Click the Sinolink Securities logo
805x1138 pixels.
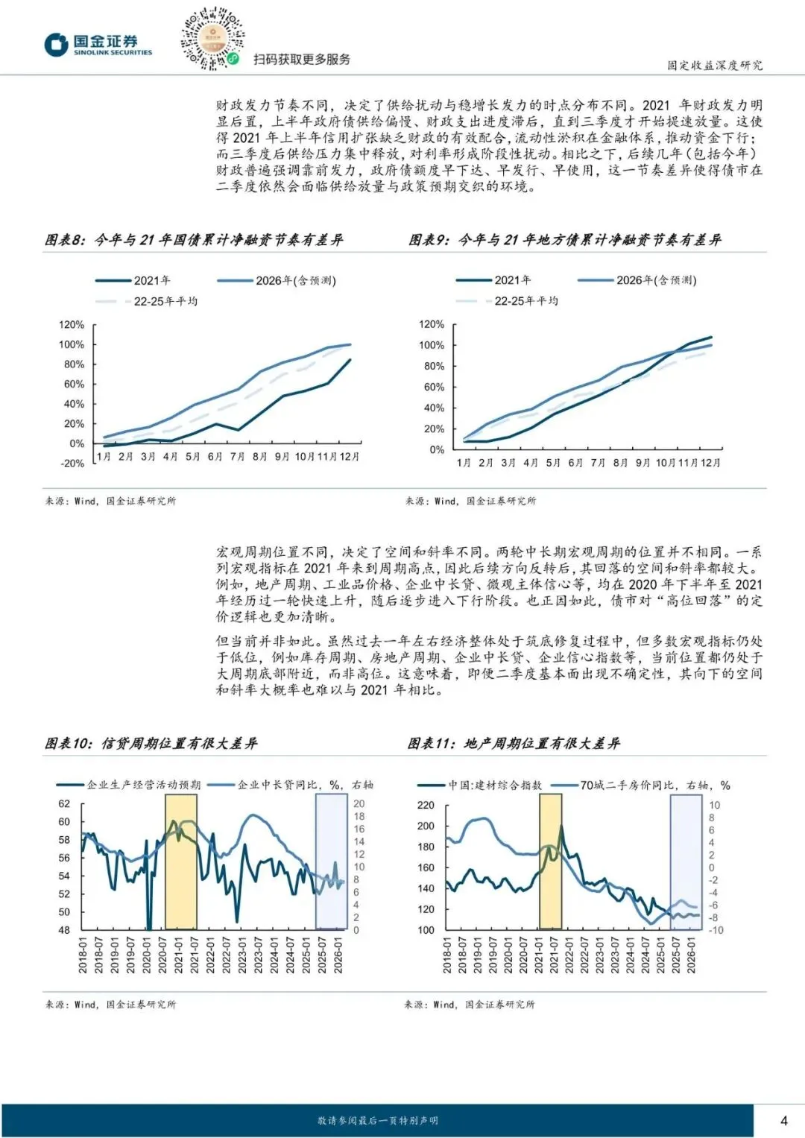tap(98, 45)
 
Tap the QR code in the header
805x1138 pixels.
tap(212, 39)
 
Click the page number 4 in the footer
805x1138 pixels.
tap(783, 1120)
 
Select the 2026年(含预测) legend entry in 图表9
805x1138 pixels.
tap(656, 280)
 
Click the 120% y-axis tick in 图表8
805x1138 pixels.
tap(72, 325)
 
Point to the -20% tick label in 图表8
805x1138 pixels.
tap(72, 463)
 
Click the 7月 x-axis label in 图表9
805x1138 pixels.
tap(598, 463)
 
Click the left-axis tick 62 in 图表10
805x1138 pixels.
tap(64, 804)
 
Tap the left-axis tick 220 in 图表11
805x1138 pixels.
tap(426, 805)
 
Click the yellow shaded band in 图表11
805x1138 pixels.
tap(550, 861)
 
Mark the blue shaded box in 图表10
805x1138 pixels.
tap(331, 861)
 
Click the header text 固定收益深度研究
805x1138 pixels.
tap(715, 65)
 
